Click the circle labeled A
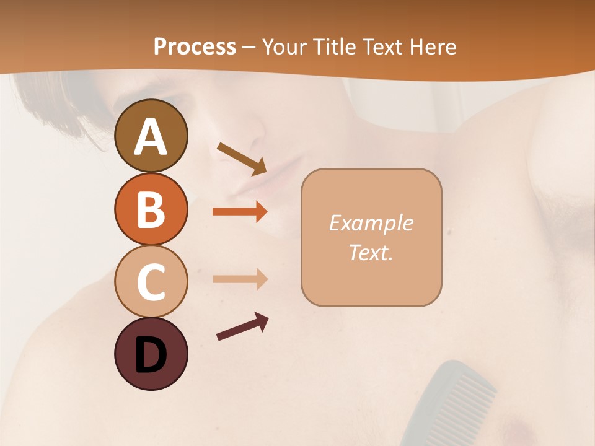151,136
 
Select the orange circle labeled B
151,209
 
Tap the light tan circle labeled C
151,282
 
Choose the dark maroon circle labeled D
151,354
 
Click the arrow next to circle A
242,159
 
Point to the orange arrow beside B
240,212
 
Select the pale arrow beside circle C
240,279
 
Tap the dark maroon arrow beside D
242,327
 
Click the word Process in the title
195,47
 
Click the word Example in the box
371,223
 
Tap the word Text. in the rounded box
371,253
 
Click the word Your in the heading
284,47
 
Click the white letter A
151,137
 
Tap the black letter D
151,355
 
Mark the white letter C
151,282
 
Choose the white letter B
151,209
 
